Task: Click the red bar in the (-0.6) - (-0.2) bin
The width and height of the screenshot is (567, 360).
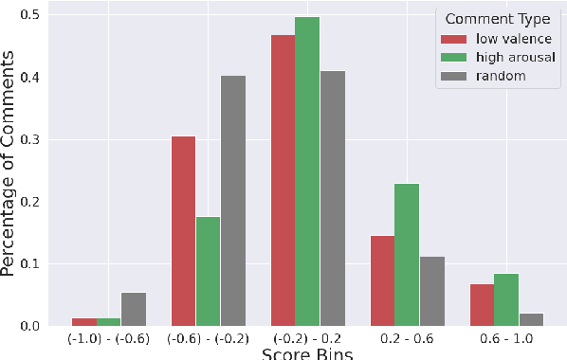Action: [x=183, y=231]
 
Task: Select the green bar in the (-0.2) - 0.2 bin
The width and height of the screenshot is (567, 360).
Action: [x=307, y=171]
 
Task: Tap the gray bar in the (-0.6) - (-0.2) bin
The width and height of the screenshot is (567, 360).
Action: [x=233, y=201]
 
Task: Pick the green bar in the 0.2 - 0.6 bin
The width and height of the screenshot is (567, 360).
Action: [x=407, y=255]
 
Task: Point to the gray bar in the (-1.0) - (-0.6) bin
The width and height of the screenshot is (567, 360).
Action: [x=134, y=309]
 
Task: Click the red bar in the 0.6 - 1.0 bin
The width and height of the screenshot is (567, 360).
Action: [x=482, y=305]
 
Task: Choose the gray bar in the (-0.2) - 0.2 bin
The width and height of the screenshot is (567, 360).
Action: [x=333, y=198]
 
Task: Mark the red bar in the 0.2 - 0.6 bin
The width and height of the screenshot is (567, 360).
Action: [x=382, y=280]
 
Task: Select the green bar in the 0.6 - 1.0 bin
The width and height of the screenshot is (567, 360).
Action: [x=506, y=299]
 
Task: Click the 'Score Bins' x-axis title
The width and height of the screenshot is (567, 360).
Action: [x=306, y=355]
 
